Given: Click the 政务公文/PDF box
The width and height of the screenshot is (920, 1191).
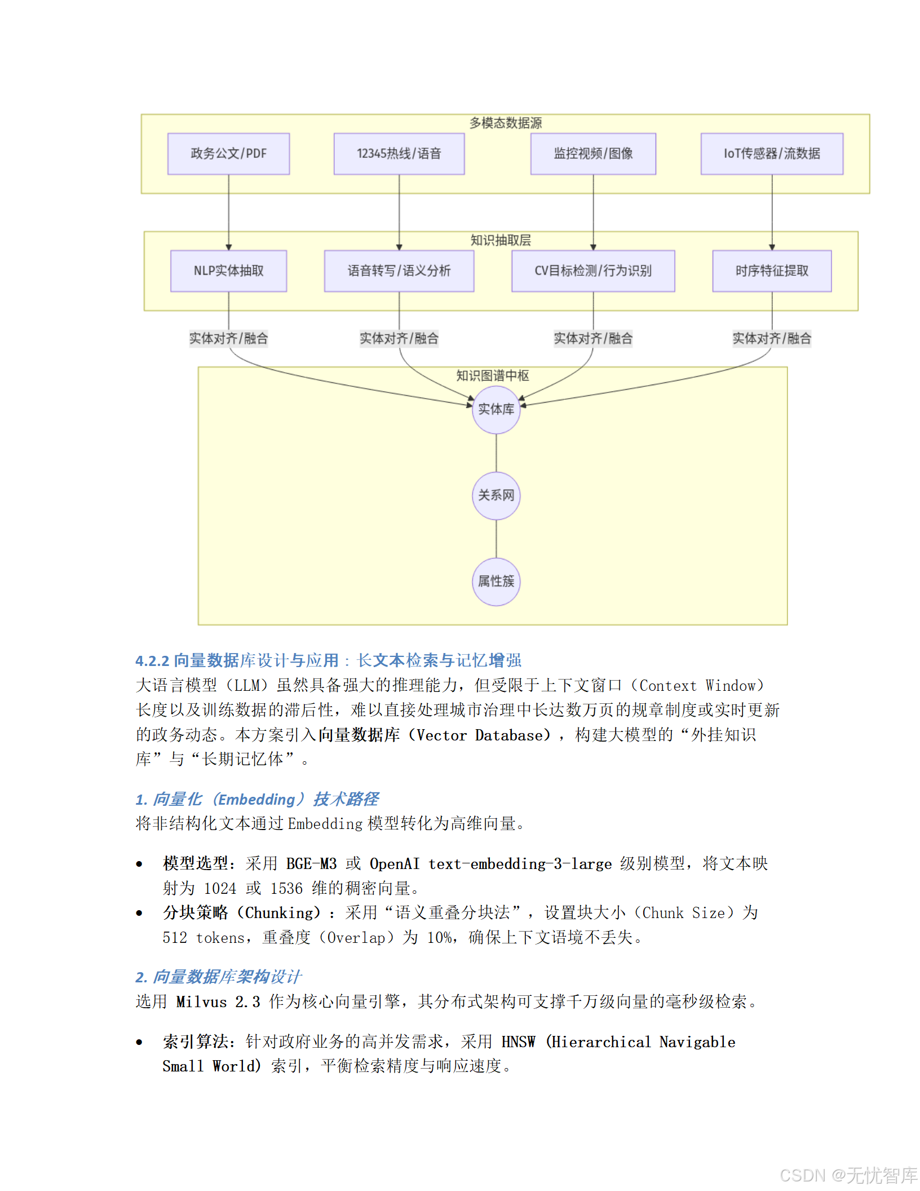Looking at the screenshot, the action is (228, 154).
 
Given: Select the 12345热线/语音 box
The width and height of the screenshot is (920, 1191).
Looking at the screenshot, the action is (399, 154).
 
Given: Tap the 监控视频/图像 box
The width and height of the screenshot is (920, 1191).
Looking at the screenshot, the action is (593, 154).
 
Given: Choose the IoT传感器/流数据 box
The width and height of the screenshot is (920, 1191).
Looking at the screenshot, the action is (772, 154).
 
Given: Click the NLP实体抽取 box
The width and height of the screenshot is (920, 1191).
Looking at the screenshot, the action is (228, 271).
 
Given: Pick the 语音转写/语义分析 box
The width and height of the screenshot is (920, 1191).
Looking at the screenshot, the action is (399, 271).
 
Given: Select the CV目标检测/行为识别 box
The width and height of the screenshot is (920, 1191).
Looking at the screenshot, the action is (593, 271).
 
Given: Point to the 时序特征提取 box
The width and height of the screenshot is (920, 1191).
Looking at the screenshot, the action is (772, 271).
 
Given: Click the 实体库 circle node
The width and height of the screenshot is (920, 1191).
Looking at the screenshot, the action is (496, 409).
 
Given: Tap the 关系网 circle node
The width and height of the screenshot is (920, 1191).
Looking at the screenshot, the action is (496, 496).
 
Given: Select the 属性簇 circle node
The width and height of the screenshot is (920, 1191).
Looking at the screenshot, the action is (496, 581).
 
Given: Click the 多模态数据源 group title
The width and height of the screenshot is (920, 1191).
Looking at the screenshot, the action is (506, 123).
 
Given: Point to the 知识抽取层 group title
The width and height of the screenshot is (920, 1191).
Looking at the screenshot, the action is (501, 240).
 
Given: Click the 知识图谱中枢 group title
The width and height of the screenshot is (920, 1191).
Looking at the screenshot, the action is (492, 376).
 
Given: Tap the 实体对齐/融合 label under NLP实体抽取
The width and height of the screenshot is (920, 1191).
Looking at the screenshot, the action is (228, 339).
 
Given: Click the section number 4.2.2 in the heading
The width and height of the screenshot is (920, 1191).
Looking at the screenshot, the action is (152, 660).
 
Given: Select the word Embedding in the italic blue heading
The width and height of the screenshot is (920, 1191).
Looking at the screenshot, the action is (256, 800).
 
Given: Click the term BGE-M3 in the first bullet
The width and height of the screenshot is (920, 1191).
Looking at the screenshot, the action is (311, 864).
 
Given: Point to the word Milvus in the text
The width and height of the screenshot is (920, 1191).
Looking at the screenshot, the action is (201, 1002).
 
